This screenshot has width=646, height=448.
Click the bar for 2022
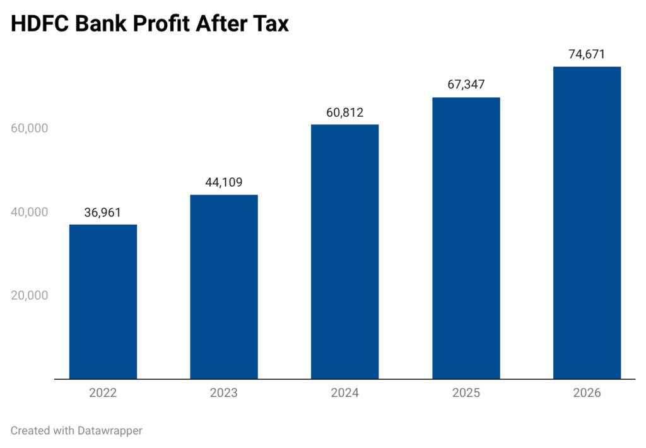[x=103, y=302]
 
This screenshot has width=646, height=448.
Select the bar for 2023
[x=224, y=287]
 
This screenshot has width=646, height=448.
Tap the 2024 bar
[x=345, y=251]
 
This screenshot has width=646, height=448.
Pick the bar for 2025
[x=466, y=239]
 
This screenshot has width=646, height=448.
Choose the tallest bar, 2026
[x=587, y=223]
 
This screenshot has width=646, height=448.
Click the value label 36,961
[x=103, y=213]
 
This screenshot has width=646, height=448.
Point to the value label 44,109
[x=224, y=182]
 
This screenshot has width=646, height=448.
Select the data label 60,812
[x=345, y=112]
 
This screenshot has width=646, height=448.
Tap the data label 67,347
[x=466, y=85]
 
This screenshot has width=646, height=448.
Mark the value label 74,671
[x=587, y=54]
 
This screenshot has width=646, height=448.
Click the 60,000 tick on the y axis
[x=29, y=128]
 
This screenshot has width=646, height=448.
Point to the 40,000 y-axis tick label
[x=29, y=212]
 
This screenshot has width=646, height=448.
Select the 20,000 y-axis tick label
[x=29, y=295]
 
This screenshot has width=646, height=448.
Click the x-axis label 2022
[x=103, y=392]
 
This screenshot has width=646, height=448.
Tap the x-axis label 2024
[x=345, y=392]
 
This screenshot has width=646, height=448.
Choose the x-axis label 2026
[x=587, y=392]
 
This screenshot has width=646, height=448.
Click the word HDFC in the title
[x=40, y=23]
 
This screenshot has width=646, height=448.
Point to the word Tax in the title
[x=271, y=23]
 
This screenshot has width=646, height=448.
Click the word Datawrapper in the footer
[x=110, y=431]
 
